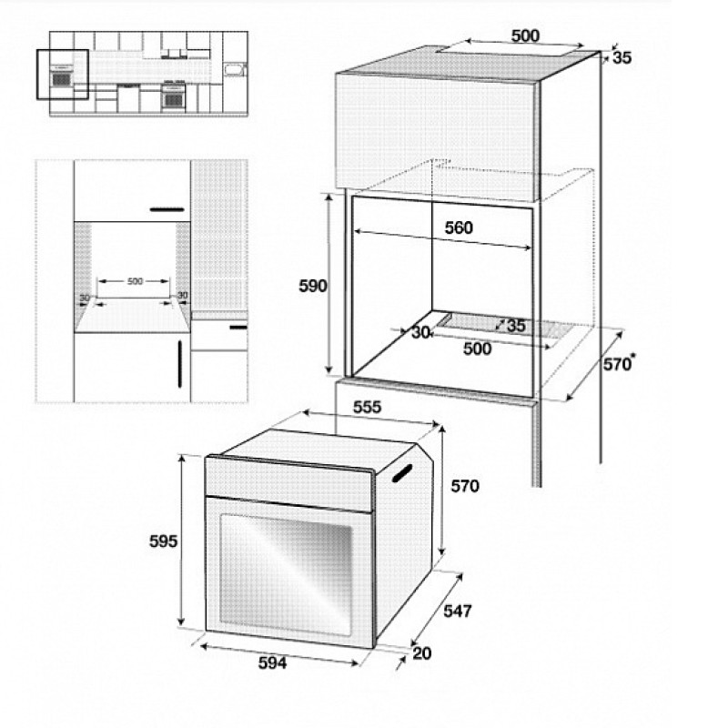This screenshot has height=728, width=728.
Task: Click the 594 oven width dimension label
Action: click(272, 663)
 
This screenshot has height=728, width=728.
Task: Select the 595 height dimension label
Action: click(163, 541)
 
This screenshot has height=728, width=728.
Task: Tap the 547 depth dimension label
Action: click(458, 611)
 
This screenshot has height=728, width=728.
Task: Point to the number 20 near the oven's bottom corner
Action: click(421, 653)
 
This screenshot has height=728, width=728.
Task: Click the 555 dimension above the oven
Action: click(367, 407)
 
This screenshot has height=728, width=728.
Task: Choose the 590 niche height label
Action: click(313, 286)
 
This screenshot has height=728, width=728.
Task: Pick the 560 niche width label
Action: click(459, 227)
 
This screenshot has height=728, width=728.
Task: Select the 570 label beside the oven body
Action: click(465, 486)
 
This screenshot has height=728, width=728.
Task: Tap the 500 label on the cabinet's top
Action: click(525, 35)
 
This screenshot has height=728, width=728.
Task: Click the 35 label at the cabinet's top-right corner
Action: click(622, 57)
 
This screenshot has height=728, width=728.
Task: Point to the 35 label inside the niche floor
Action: click(516, 326)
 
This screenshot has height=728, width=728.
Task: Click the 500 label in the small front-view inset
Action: click(135, 281)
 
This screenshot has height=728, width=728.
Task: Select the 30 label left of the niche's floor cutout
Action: click(420, 332)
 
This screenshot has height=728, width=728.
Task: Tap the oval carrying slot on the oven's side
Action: click(402, 473)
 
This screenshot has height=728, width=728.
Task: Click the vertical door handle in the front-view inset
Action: click(180, 364)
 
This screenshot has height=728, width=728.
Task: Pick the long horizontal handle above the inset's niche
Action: click(167, 209)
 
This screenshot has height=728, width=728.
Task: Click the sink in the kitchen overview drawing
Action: click(235, 70)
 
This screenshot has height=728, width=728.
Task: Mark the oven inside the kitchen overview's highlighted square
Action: click(61, 76)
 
